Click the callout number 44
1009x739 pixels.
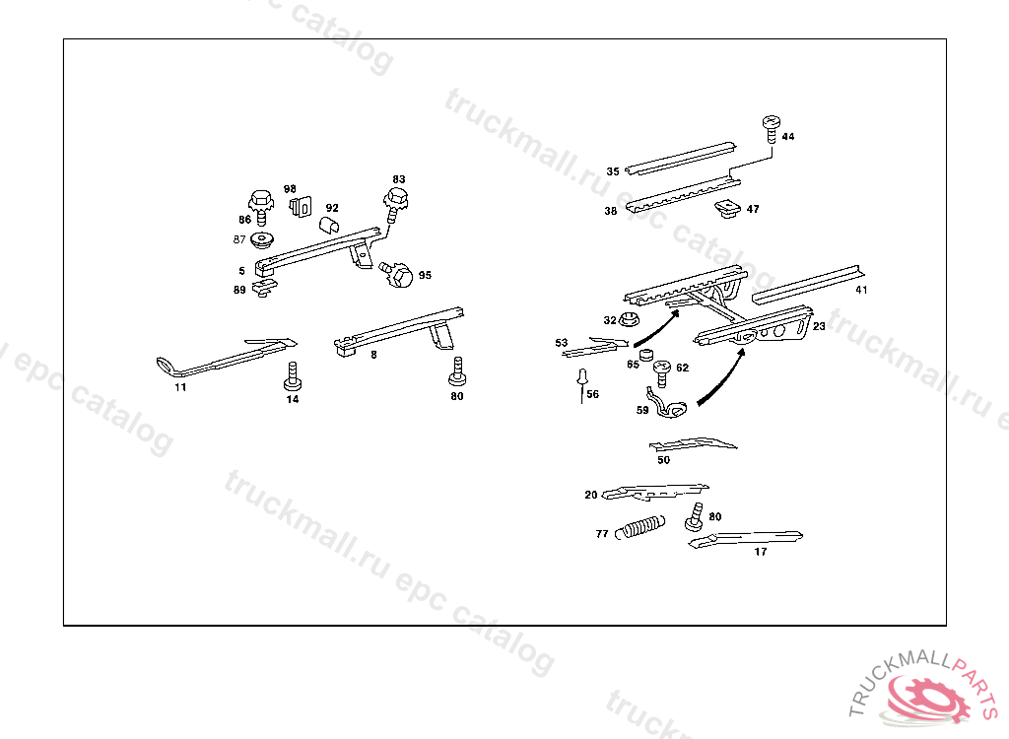click(788, 137)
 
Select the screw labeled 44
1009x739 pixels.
click(771, 127)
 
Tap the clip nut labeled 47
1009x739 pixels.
click(728, 208)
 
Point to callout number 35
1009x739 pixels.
click(613, 171)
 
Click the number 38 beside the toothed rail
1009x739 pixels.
click(611, 211)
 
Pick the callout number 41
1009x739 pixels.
click(861, 290)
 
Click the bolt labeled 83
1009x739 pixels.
click(396, 203)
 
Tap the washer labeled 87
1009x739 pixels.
click(262, 239)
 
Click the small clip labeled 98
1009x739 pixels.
click(300, 207)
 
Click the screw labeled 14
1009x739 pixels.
click(292, 376)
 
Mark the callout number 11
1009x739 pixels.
click(180, 387)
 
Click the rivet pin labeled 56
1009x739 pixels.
click(581, 378)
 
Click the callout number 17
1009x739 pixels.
click(760, 552)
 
